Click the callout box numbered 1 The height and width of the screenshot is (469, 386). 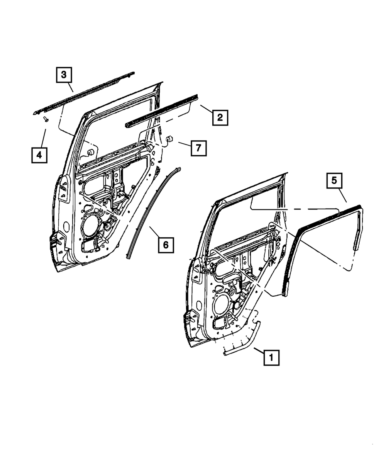click(271, 357)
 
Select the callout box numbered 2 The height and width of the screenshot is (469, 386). click(220, 117)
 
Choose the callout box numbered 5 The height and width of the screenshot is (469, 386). click(334, 180)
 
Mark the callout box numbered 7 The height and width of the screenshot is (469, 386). click(198, 148)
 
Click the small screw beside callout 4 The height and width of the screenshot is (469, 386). click(46, 119)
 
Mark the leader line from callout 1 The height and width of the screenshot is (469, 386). click(259, 350)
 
